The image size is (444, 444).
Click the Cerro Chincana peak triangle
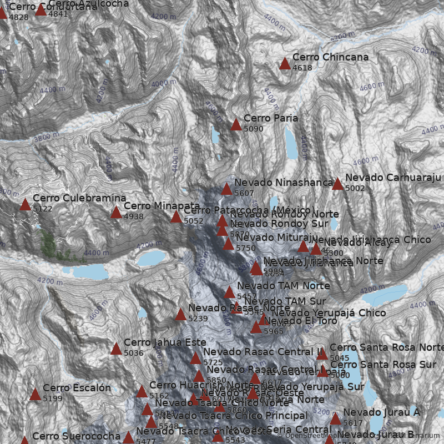pyautogui.click(x=285, y=64)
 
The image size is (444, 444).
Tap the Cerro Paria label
pyautogui.click(x=271, y=118)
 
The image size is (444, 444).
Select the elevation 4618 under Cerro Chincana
pyautogui.click(x=302, y=68)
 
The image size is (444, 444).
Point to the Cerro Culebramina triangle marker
pyautogui.click(x=25, y=205)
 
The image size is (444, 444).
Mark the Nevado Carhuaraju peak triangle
pyautogui.click(x=337, y=184)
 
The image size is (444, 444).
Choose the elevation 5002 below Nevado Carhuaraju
pyautogui.click(x=355, y=189)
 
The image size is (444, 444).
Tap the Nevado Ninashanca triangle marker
pyautogui.click(x=226, y=189)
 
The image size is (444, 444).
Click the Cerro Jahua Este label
pyautogui.click(x=165, y=342)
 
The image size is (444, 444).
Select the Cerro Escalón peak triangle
pyautogui.click(x=35, y=395)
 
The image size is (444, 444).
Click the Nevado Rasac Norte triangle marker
pyautogui.click(x=180, y=315)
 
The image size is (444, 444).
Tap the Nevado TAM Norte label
pyautogui.click(x=283, y=286)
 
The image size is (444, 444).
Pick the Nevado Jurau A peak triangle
pyautogui.click(x=335, y=418)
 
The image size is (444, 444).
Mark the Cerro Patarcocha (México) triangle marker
pyautogui.click(x=176, y=217)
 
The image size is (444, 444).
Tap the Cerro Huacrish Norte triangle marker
pyautogui.click(x=142, y=392)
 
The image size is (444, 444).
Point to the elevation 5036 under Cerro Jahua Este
pyautogui.click(x=134, y=353)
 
